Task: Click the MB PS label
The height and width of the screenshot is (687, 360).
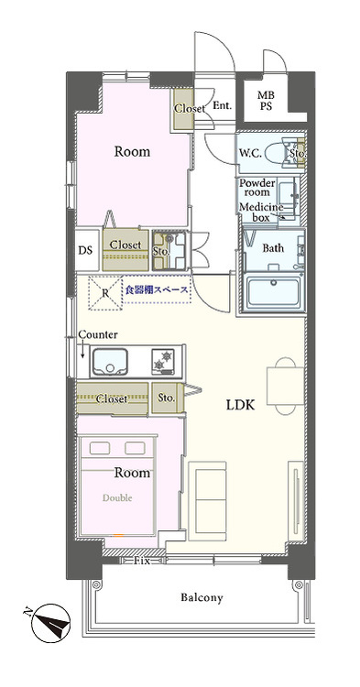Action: click(x=265, y=100)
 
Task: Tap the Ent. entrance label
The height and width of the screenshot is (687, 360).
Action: click(x=222, y=106)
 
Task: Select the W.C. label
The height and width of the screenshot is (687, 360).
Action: click(x=252, y=153)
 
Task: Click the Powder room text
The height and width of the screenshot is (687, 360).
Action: click(x=257, y=188)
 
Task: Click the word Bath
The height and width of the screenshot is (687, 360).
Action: click(x=273, y=248)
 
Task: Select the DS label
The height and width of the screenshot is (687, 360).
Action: click(x=84, y=249)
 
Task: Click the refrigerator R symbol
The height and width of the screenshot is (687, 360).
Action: click(x=105, y=294)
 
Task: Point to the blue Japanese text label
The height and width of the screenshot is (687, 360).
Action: click(x=157, y=289)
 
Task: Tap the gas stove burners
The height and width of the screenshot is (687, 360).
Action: click(x=165, y=361)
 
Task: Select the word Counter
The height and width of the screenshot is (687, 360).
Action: click(x=98, y=334)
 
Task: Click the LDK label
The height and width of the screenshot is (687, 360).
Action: click(x=238, y=404)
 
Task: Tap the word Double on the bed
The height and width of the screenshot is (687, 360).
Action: click(x=116, y=498)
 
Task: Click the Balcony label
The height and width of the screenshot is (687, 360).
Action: click(x=202, y=597)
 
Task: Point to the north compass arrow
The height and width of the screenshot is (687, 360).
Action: click(x=47, y=627)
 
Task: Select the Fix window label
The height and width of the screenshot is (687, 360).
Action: click(x=141, y=560)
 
